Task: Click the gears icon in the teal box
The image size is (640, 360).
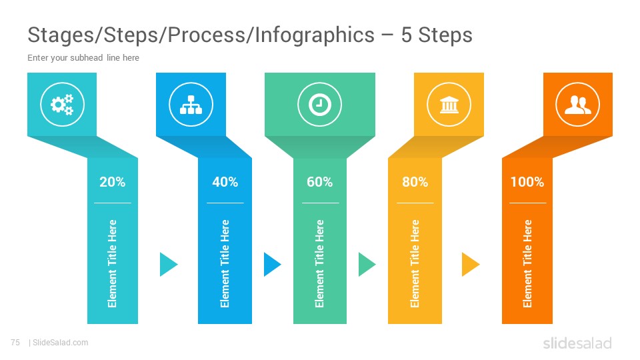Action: coord(62,105)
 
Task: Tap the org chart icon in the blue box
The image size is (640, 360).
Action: coord(191,105)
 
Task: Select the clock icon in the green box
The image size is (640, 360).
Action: coord(319,105)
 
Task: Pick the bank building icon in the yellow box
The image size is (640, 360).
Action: coord(449,105)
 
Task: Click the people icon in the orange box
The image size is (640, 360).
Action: coord(577,105)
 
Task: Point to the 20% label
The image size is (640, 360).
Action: coord(112,181)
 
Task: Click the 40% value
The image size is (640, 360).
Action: coord(225,181)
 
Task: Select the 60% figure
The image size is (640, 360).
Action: coord(319,181)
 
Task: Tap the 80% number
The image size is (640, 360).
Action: coord(415,181)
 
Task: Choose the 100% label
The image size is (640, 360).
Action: coord(527,181)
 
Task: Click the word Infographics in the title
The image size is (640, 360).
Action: coord(315,35)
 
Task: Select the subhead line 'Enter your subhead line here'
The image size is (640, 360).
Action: coord(83,57)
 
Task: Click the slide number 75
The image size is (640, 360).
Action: coord(15,343)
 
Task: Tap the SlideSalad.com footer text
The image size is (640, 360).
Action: coord(60,343)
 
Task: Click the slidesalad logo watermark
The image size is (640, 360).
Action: coord(577,343)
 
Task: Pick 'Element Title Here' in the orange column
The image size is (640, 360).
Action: coord(527,264)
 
